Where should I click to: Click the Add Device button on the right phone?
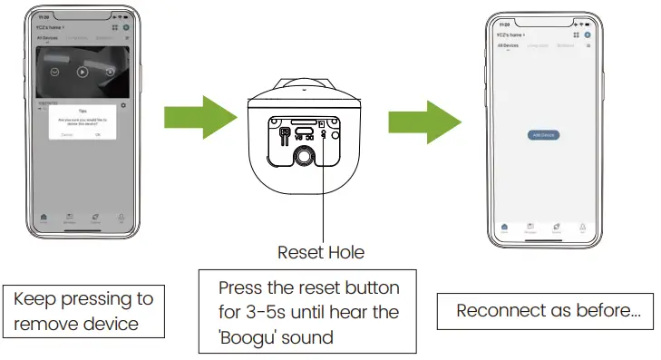point(542,134)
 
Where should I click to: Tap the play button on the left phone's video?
point(83,73)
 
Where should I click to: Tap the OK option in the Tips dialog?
point(98,134)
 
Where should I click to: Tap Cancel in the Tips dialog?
point(67,134)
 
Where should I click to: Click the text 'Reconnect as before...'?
point(549,311)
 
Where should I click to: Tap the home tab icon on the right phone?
point(504,227)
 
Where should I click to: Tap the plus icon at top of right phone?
point(588,34)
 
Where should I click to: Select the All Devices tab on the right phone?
point(508,44)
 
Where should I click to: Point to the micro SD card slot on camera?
point(306,121)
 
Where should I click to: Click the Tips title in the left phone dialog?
point(83,112)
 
